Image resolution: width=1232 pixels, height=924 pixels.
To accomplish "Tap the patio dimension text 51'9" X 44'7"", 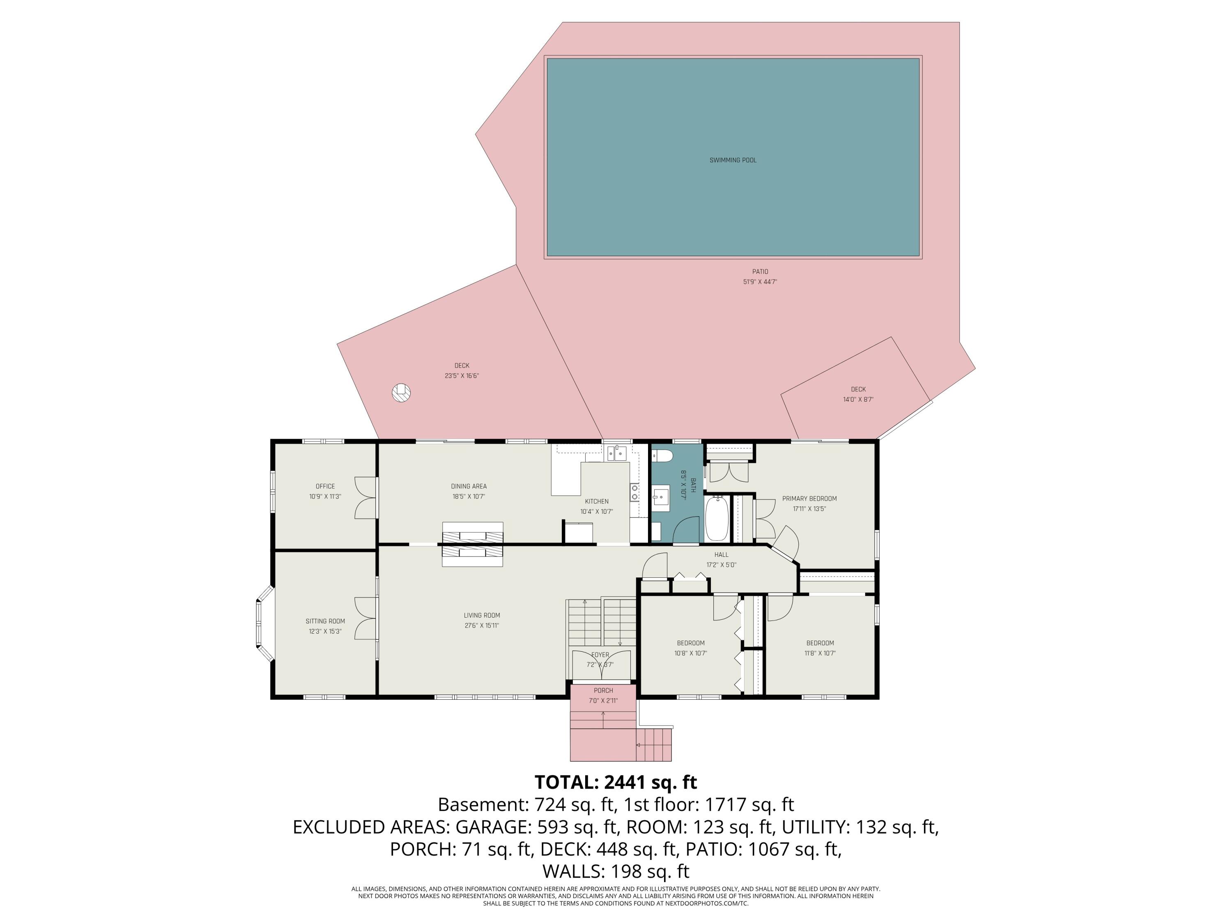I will [x=760, y=282].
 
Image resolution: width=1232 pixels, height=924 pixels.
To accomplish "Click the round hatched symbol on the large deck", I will [x=401, y=393].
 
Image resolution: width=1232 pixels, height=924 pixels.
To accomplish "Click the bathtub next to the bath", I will [x=716, y=519].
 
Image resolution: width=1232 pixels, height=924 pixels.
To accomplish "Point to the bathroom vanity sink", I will [x=662, y=496].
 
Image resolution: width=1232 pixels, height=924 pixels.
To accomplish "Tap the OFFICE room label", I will [x=325, y=486].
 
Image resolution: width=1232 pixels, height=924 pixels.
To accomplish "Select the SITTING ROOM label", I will [x=325, y=621].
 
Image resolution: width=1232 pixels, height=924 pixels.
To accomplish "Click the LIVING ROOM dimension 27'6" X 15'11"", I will [x=482, y=625].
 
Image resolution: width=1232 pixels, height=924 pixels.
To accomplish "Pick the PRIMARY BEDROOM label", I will [x=809, y=499].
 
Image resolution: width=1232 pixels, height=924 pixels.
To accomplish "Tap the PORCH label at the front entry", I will [x=603, y=691].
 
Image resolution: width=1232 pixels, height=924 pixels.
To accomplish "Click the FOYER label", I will [x=600, y=655].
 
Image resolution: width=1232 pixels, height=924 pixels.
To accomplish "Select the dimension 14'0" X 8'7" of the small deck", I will [x=858, y=399].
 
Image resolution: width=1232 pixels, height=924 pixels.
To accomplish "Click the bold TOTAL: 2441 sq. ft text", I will [x=616, y=782].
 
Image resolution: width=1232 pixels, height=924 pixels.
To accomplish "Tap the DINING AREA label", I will [x=469, y=486].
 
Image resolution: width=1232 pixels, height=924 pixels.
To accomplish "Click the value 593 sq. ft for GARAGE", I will [x=579, y=827].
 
